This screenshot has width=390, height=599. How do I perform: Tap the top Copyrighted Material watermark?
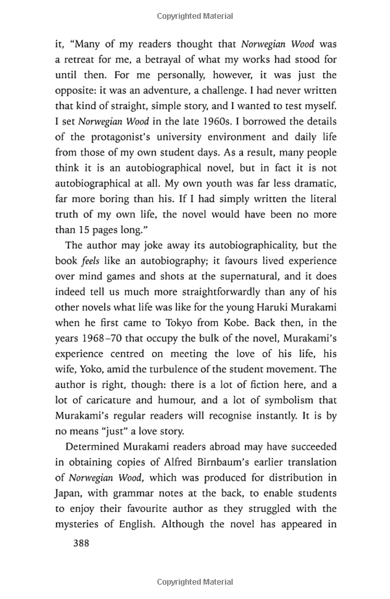[194, 14]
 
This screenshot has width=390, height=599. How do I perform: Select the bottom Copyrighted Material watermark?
[194, 582]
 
